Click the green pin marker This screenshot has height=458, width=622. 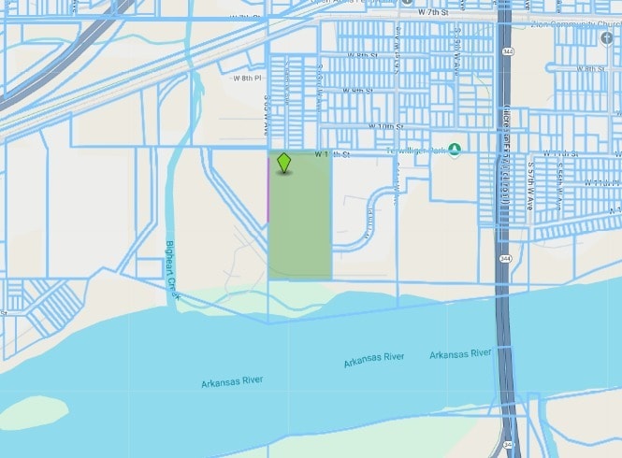[284, 164]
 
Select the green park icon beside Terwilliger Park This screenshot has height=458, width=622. [454, 150]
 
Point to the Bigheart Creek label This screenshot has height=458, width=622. [171, 269]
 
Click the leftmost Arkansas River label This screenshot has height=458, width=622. [232, 381]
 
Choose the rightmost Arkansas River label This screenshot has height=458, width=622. [460, 353]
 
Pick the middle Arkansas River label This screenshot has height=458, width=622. [373, 359]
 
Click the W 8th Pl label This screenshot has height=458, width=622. [246, 79]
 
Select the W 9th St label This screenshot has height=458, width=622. [359, 91]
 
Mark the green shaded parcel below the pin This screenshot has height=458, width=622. [300, 224]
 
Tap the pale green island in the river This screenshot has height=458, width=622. [33, 409]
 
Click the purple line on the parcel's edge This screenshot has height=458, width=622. [268, 196]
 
